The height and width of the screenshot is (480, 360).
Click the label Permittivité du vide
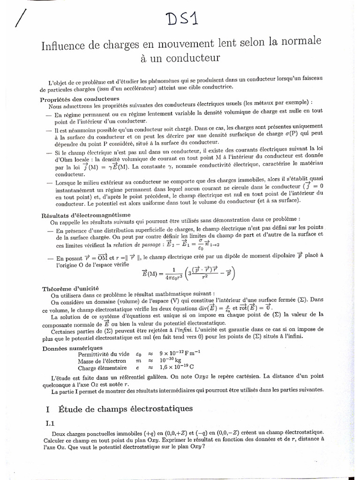[x=102, y=354]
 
